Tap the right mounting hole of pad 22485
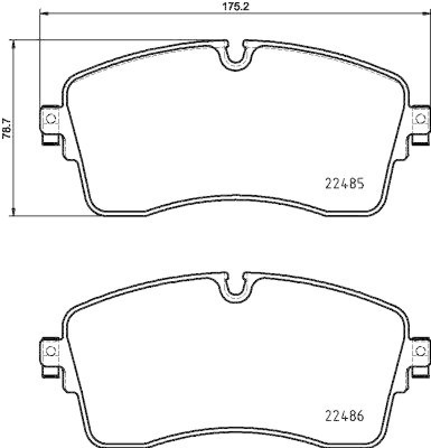click(x=419, y=118)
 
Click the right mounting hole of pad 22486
click(x=419, y=351)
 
